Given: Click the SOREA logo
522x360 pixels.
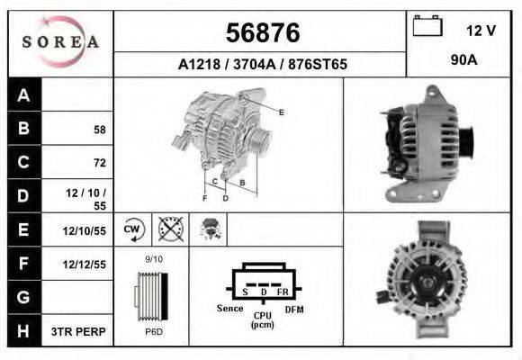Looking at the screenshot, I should tap(60, 41).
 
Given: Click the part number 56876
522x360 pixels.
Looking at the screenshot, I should tap(261, 33).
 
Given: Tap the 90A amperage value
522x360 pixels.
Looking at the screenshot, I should tap(463, 61).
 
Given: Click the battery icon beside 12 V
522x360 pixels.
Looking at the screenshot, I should tap(427, 26).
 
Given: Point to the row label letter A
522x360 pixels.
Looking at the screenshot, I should tap(24, 95).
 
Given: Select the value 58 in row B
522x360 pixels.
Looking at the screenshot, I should tap(99, 130).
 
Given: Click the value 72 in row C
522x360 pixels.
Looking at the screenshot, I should tap(99, 163).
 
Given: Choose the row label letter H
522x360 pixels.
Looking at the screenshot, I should tap(24, 331).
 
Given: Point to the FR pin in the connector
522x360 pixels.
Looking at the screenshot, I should tap(283, 292).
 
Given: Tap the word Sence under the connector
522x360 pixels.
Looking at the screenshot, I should tap(230, 309).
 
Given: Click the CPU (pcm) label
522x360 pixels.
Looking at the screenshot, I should tap(263, 319).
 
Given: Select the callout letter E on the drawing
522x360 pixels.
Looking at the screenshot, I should tap(282, 112).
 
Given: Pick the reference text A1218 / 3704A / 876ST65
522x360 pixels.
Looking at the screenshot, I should tap(261, 65).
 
